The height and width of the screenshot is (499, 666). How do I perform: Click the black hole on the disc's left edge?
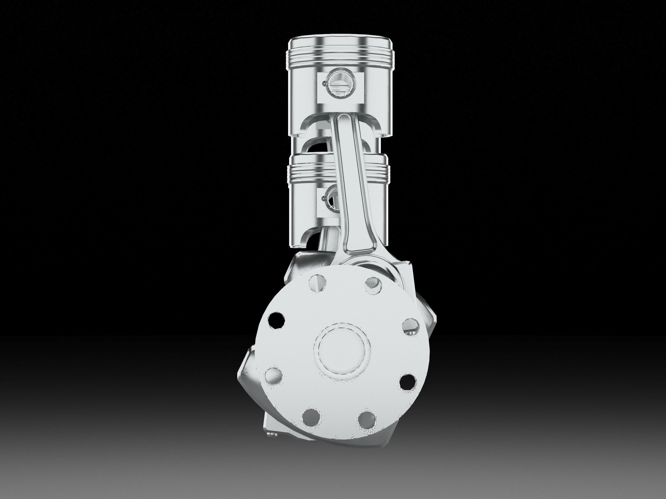pyautogui.click(x=276, y=320)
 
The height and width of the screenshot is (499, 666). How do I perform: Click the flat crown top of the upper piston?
pyautogui.click(x=340, y=41)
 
